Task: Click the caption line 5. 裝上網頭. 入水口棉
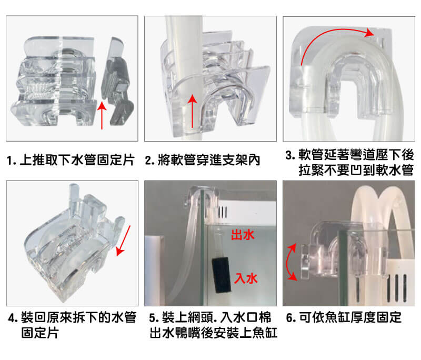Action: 210,317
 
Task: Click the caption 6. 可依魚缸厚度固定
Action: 344,317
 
